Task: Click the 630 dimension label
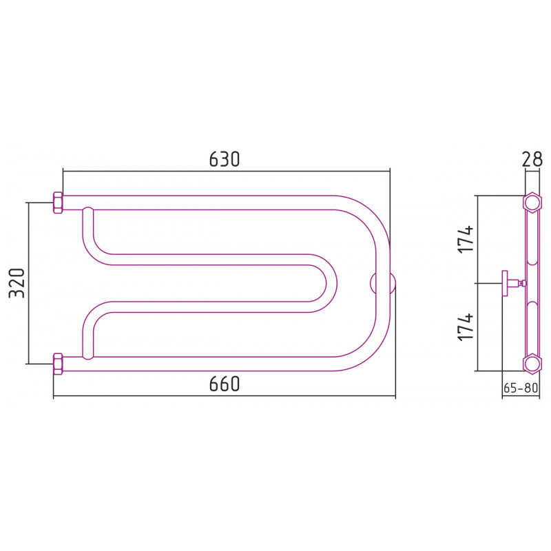[x=225, y=159]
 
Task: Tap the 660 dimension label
[x=225, y=384]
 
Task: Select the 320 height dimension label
[x=17, y=283]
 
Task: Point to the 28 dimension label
[x=532, y=159]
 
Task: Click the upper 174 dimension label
[x=466, y=239]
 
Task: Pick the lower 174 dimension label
[x=466, y=326]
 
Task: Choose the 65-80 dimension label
[x=521, y=388]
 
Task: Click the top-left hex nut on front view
[x=58, y=202]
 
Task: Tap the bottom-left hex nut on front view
[x=58, y=364]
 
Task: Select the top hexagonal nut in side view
[x=531, y=202]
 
